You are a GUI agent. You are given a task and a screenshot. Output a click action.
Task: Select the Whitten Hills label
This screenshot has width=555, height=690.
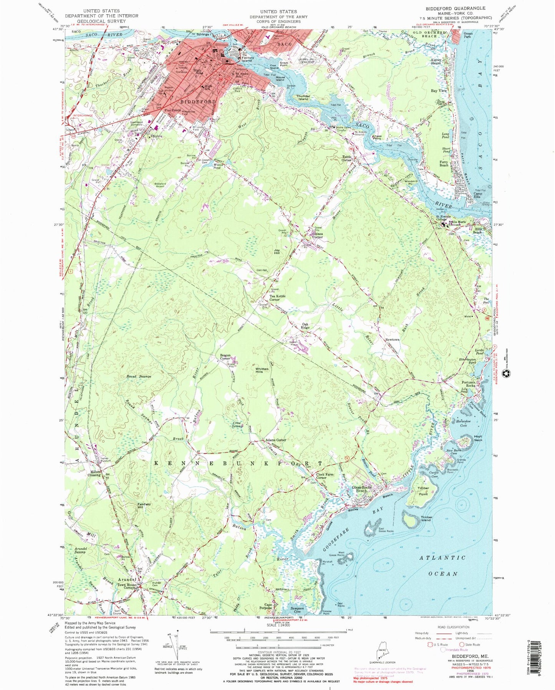[x=262, y=371]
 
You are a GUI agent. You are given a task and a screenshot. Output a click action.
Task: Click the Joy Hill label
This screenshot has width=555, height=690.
[x=276, y=252]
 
